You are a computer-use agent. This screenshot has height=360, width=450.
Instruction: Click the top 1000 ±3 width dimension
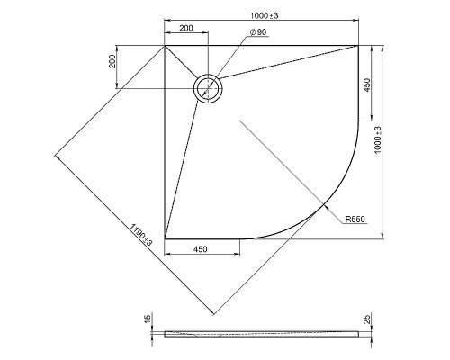265,15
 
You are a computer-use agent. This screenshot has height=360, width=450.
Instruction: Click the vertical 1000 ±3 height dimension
378,139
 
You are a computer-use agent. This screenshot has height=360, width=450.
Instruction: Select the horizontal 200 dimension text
186,28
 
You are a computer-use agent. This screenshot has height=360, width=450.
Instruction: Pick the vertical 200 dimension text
112,61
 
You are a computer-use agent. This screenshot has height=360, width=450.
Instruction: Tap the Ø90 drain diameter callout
258,32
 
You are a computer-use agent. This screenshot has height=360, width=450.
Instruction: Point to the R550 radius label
355,220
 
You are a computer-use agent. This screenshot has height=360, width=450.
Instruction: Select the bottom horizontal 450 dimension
201,249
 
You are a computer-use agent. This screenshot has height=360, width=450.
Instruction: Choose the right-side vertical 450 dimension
367,85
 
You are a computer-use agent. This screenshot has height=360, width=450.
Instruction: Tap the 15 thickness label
148,319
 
